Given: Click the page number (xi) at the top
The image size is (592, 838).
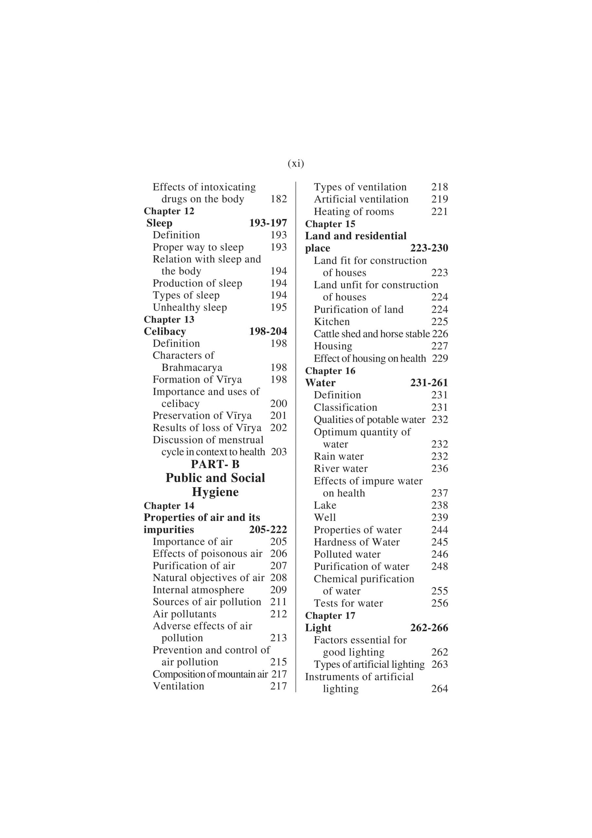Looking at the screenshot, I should [296, 164].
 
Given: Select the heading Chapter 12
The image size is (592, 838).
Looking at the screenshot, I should [169, 211].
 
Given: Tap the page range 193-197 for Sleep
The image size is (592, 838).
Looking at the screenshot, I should [268, 223].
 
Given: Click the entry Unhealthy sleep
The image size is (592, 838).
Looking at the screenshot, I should [190, 307].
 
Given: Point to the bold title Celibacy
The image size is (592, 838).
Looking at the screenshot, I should [165, 331].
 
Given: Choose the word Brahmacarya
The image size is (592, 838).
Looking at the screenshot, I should [192, 368].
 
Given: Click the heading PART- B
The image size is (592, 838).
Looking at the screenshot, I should [215, 464].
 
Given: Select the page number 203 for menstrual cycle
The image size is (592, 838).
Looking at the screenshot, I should [279, 452].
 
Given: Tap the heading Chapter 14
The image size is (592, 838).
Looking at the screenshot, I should [169, 505].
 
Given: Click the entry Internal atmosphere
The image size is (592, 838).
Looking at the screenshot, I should [198, 590].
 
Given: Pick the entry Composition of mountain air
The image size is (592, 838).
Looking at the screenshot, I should [210, 674].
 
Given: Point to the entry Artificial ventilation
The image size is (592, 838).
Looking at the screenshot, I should [361, 199].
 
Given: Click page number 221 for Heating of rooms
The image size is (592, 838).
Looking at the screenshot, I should [440, 212].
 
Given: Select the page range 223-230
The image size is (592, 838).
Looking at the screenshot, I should [429, 248].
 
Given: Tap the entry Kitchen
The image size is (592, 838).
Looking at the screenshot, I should [332, 321].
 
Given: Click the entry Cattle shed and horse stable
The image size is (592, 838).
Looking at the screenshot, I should [371, 334].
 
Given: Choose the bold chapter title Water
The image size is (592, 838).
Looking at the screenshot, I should [320, 383].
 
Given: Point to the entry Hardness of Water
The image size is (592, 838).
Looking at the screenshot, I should [357, 542].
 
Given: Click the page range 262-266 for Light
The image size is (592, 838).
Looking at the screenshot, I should [429, 628].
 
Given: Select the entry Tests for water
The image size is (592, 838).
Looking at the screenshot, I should [348, 603].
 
